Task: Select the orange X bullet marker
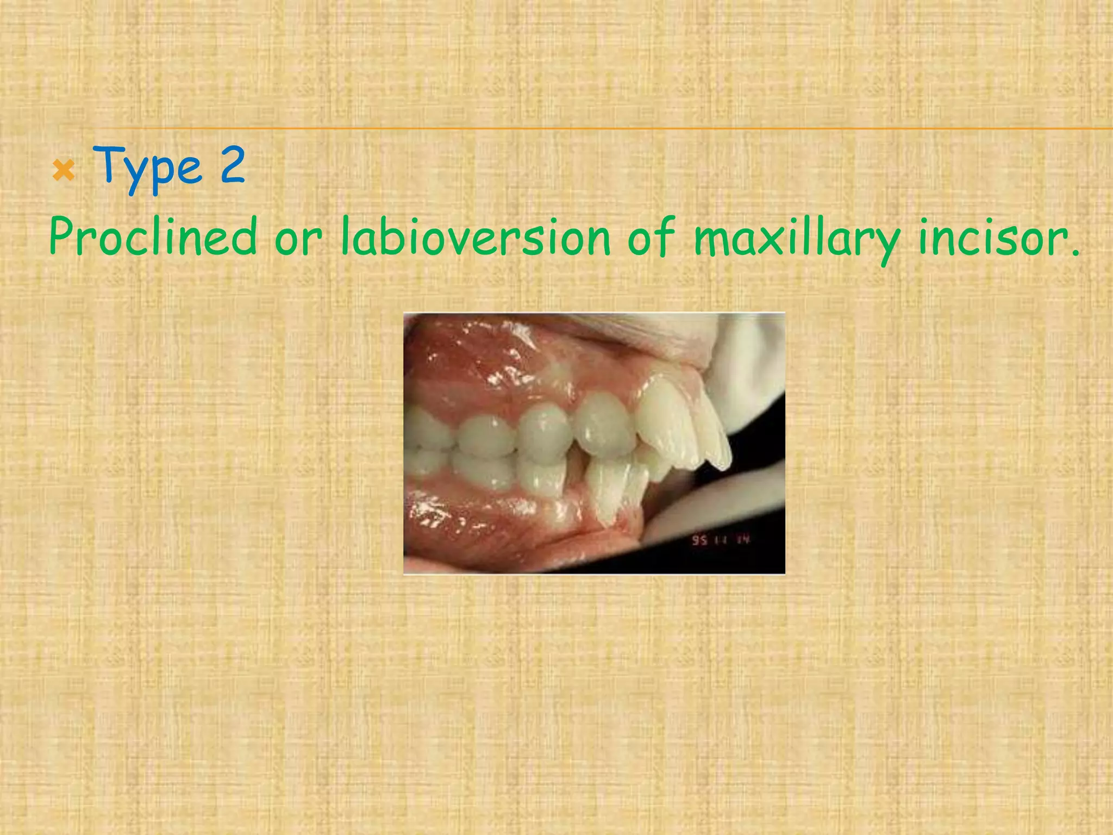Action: [x=64, y=172]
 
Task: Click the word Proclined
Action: [x=153, y=236]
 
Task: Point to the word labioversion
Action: [x=476, y=236]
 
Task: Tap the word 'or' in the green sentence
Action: [x=298, y=239]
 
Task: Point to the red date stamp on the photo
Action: [x=720, y=540]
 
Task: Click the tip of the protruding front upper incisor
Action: [x=723, y=465]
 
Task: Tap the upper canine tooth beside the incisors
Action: [x=603, y=429]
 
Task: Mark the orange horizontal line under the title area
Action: [x=598, y=129]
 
